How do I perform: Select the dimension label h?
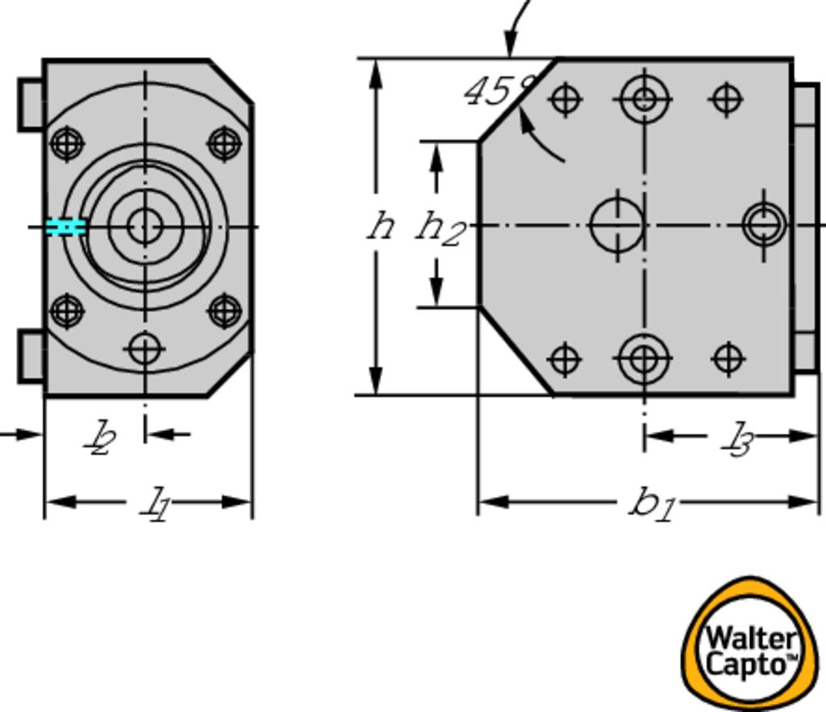(382, 227)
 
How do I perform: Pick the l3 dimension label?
(737, 439)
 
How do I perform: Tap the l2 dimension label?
(101, 438)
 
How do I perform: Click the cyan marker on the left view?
(65, 227)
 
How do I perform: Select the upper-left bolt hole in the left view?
(68, 143)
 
